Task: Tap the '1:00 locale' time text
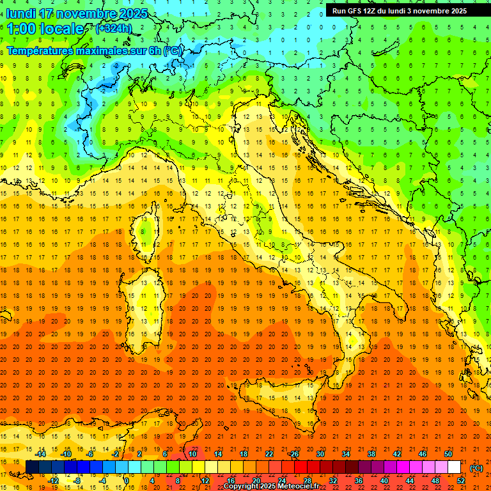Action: pos(45,29)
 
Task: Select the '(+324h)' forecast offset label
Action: pos(113,29)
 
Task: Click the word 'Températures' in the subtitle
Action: pos(40,51)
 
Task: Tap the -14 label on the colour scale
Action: pos(42,454)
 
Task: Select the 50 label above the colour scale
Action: pos(448,454)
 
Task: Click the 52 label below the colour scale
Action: pos(461,481)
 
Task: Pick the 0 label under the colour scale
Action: pos(127,481)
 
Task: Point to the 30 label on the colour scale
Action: pos(320,454)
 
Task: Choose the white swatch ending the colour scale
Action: pos(455,467)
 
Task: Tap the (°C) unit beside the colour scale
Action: pos(476,468)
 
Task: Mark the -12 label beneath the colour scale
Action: pos(54,481)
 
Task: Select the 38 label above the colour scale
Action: pos(371,454)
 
